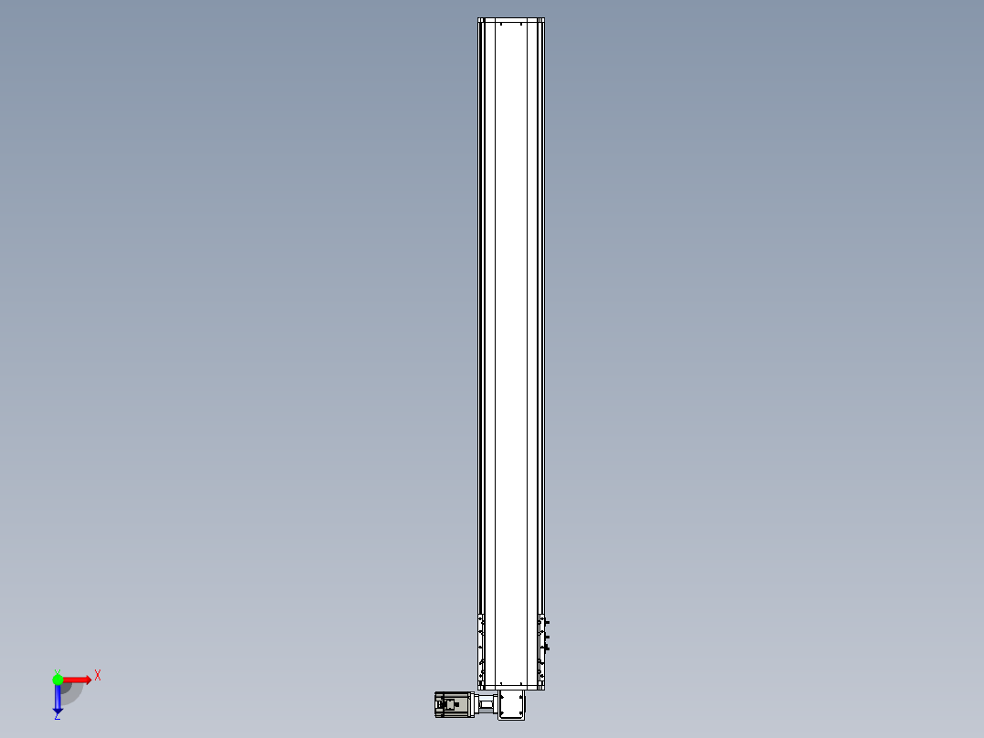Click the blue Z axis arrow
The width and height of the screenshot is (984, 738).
click(58, 699)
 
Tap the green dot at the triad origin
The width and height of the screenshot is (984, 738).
click(58, 680)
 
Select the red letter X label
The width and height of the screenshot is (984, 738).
click(98, 676)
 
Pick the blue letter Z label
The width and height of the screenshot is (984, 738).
click(57, 717)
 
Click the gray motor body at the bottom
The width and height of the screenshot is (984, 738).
click(448, 704)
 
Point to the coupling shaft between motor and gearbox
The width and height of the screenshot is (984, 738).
click(487, 705)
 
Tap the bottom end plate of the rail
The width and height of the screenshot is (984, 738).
click(511, 686)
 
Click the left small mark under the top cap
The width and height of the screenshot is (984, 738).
click(501, 26)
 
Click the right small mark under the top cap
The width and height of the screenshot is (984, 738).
click(521, 26)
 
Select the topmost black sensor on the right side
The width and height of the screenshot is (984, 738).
click(548, 622)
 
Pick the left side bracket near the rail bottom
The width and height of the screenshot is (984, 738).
click(480, 648)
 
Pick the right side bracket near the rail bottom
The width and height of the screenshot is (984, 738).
click(541, 648)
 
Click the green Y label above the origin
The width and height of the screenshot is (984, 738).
click(57, 670)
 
